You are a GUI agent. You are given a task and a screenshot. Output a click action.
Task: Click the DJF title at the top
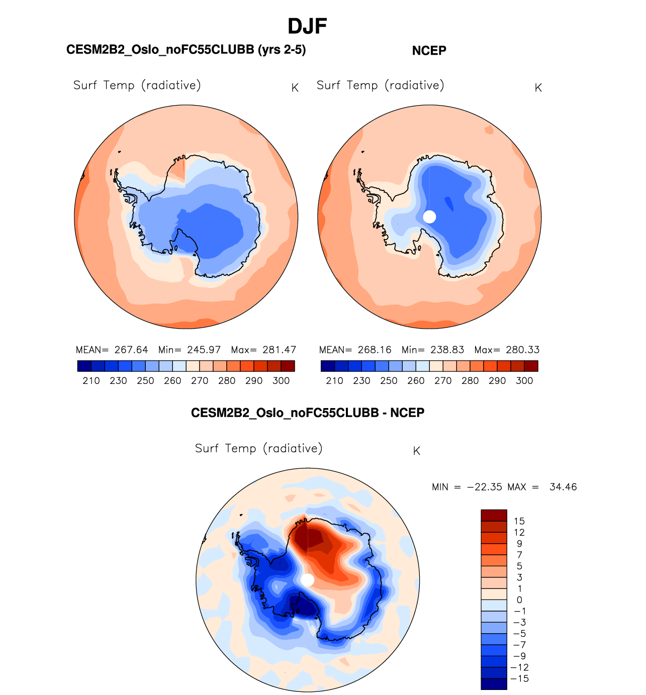[x=307, y=26]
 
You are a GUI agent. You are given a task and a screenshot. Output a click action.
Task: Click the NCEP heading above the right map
[x=429, y=51]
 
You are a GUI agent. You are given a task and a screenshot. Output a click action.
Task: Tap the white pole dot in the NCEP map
[x=429, y=217]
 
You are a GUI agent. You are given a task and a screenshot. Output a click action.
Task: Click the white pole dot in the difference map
[x=308, y=580]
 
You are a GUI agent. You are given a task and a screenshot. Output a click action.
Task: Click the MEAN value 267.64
[x=131, y=350]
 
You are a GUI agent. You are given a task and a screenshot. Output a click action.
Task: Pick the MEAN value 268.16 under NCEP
[x=375, y=350]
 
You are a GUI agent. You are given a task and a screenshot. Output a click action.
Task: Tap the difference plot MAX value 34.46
[x=563, y=487]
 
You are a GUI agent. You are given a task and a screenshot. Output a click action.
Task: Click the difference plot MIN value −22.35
[x=485, y=487]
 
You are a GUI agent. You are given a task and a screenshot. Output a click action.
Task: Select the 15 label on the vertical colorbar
[x=519, y=521]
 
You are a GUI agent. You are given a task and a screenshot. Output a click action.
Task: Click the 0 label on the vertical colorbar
[x=519, y=600]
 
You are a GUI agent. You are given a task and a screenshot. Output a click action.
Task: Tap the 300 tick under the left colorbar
[x=281, y=380]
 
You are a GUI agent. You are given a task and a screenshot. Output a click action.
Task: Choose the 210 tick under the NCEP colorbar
[x=334, y=380]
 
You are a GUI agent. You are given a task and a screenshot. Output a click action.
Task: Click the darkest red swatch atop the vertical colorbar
[x=494, y=515]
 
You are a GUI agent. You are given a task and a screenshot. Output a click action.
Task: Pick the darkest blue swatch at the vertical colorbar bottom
[x=494, y=684]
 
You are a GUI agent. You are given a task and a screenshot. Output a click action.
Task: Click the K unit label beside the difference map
[x=416, y=451]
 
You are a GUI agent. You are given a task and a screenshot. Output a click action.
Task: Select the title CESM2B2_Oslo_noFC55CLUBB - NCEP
[x=307, y=413]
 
